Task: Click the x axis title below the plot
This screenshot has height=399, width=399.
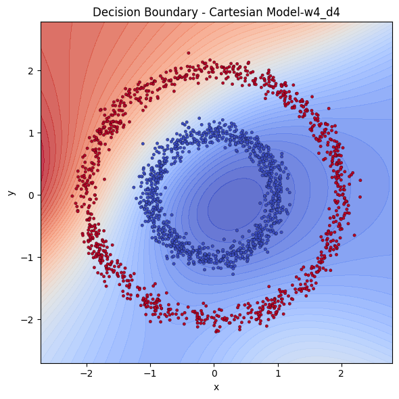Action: pyautogui.click(x=216, y=387)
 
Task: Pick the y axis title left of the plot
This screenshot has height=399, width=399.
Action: pyautogui.click(x=11, y=193)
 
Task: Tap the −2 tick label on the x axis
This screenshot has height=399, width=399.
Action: pyautogui.click(x=85, y=373)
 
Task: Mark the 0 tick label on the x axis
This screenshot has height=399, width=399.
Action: pyautogui.click(x=214, y=373)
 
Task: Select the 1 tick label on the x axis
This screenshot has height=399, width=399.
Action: pyautogui.click(x=278, y=373)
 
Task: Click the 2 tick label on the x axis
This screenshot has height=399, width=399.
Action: pyautogui.click(x=342, y=373)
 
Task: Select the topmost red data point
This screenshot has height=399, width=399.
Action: pyautogui.click(x=189, y=53)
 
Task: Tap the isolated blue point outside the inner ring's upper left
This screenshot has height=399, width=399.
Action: pyautogui.click(x=143, y=143)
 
